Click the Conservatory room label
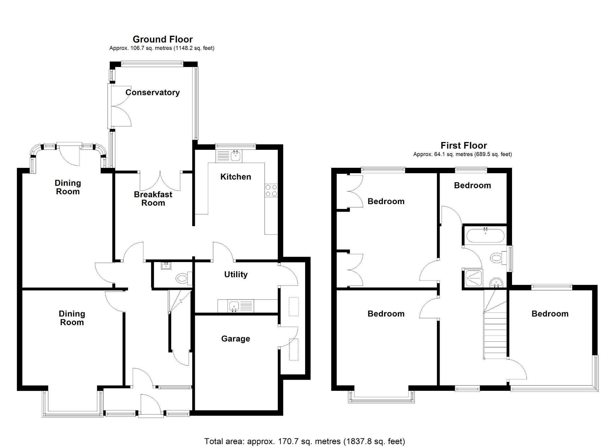tap(153, 92)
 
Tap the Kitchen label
tap(235, 177)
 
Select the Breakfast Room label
tap(153, 198)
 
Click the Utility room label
tap(236, 274)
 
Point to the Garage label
tap(235, 339)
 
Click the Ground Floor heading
tap(162, 39)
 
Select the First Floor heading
tap(463, 146)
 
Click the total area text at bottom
tap(304, 441)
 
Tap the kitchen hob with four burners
tap(271, 191)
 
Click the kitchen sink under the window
tap(236, 156)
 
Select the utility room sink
tap(234, 306)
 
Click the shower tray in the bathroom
tap(474, 279)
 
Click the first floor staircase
tap(495, 333)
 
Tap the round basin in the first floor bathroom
tap(496, 282)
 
